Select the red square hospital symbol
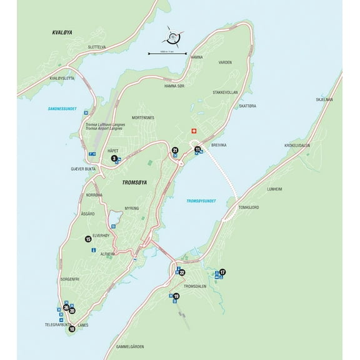tap(194, 131)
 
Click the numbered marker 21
tap(175, 150)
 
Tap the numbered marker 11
tap(197, 150)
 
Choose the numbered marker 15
tap(88, 239)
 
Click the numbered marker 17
tap(222, 272)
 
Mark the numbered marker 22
tap(182, 272)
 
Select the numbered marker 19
tap(176, 296)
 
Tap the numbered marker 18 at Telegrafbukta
tap(72, 329)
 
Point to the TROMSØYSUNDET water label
tap(201, 201)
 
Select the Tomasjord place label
tap(248, 207)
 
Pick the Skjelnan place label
tap(324, 99)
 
